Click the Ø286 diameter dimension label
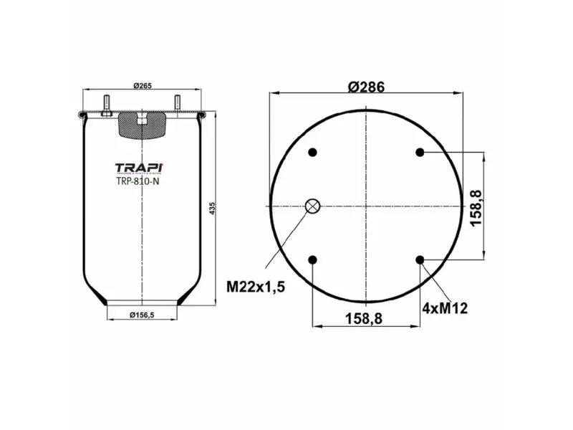366,87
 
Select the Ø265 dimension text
142,86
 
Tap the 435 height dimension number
213,207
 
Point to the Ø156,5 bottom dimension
142,314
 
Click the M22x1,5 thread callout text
256,287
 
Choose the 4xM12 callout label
444,309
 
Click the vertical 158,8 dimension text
476,207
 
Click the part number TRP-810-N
138,181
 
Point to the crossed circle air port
312,206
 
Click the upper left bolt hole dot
313,152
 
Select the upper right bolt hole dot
420,152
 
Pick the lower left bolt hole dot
313,259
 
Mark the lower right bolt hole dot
420,259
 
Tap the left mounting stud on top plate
107,105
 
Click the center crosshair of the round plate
366,206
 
